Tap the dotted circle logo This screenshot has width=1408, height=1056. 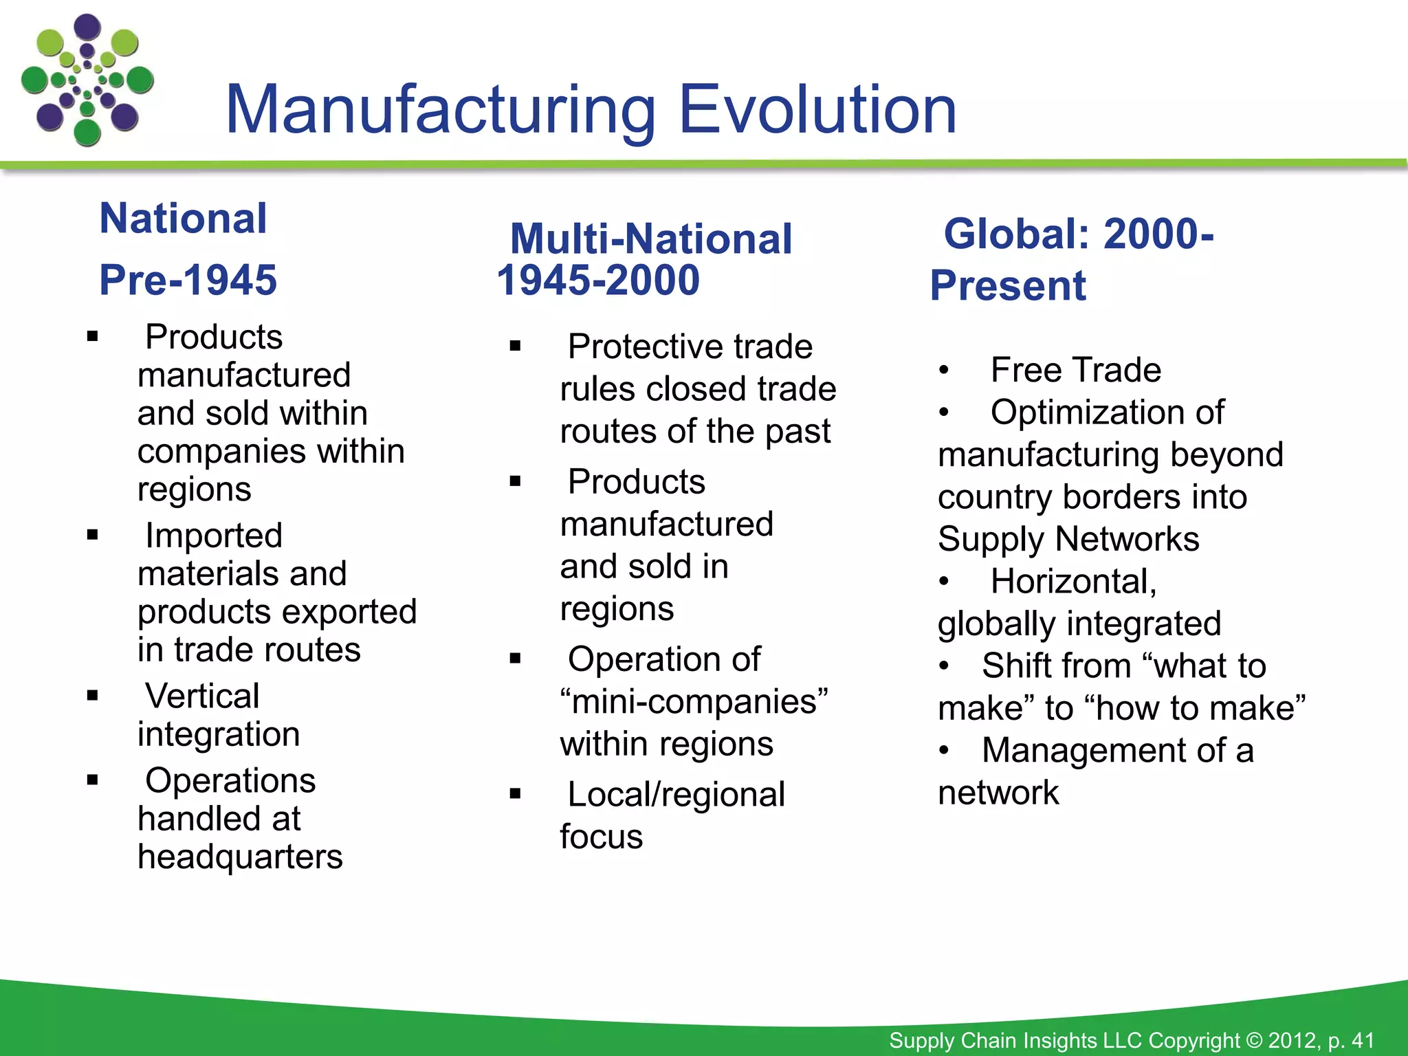(87, 80)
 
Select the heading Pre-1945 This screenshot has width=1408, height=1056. (188, 280)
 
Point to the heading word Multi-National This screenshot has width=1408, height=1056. (650, 239)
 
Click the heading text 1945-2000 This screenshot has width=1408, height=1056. (598, 280)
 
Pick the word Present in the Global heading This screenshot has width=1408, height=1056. (1008, 286)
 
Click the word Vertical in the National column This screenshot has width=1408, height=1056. (202, 696)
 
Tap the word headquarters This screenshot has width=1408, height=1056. (240, 857)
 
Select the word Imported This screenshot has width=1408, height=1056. (214, 536)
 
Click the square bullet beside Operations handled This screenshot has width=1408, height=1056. (93, 780)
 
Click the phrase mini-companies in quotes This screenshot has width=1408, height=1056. (694, 702)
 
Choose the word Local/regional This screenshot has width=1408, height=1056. (676, 795)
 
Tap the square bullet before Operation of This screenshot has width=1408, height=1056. (516, 659)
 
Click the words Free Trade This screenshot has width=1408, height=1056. (1076, 371)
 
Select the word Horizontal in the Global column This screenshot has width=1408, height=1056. (1073, 582)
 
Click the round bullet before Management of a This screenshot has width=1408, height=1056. (945, 751)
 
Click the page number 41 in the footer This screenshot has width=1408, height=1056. (1363, 1040)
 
